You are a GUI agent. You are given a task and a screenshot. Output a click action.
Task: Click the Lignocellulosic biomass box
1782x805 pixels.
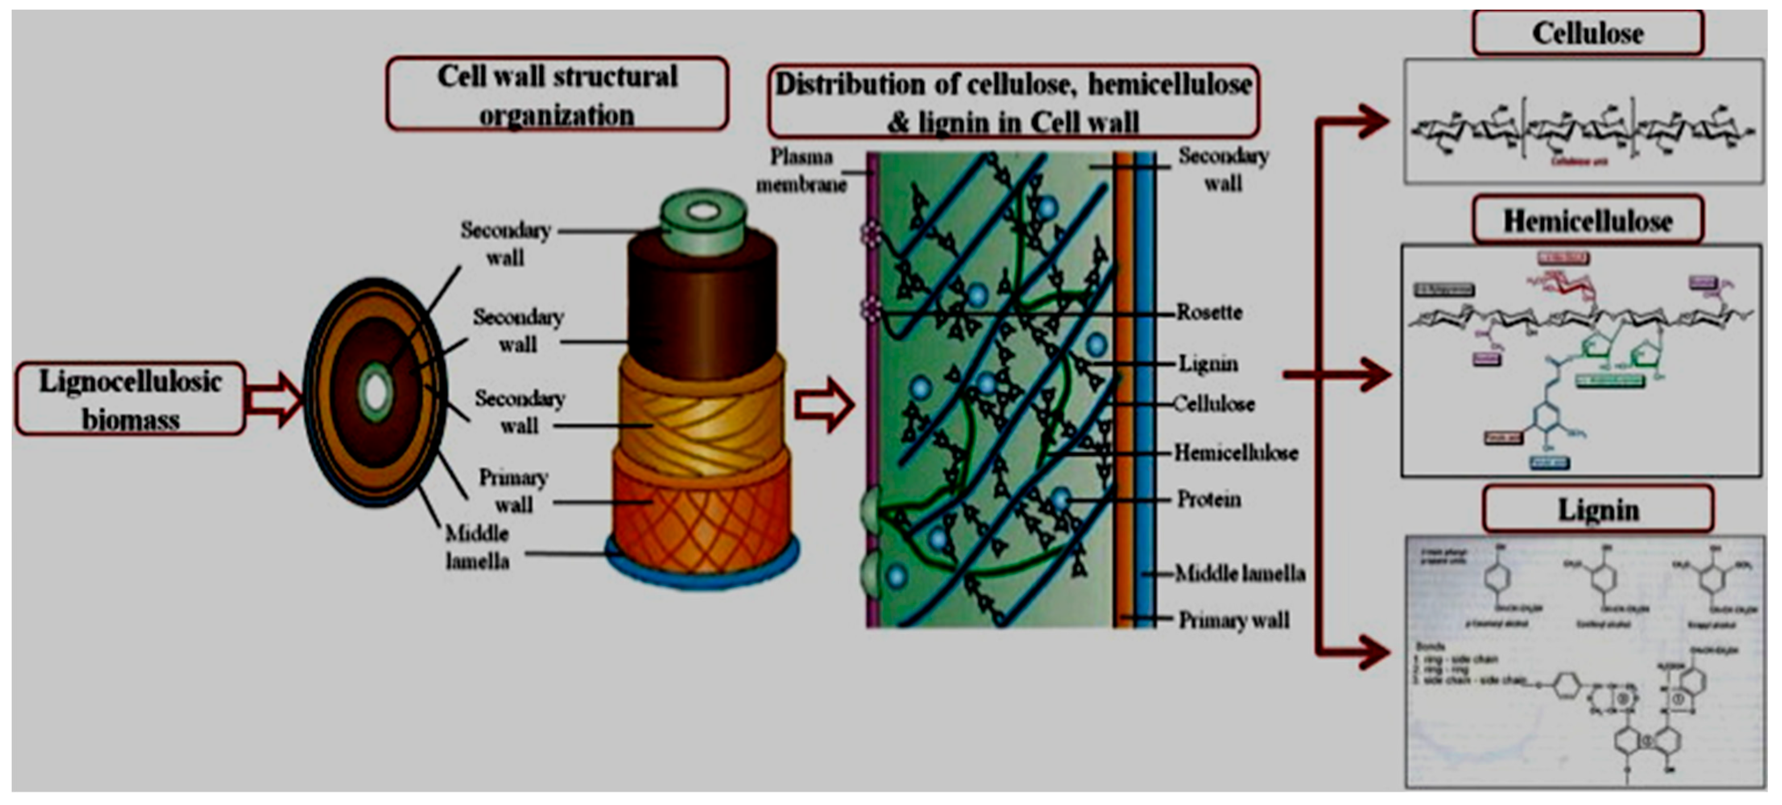tap(130, 399)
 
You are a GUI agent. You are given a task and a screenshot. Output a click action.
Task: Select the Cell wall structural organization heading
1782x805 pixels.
tap(557, 95)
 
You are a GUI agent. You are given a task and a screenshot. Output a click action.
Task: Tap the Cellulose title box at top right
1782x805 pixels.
tap(1588, 33)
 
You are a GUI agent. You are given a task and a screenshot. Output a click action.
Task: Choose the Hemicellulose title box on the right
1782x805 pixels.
tap(1588, 221)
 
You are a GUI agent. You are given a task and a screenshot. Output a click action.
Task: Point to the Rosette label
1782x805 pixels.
tap(1209, 312)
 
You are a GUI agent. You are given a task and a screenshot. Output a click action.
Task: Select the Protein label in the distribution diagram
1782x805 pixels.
tap(1208, 499)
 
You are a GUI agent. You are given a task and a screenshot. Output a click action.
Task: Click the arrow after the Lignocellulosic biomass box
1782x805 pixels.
tap(275, 399)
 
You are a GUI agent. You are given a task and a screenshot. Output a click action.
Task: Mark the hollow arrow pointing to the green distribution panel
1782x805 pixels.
tap(823, 405)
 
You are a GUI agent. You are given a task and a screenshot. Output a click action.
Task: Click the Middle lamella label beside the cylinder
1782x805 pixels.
tap(477, 547)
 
